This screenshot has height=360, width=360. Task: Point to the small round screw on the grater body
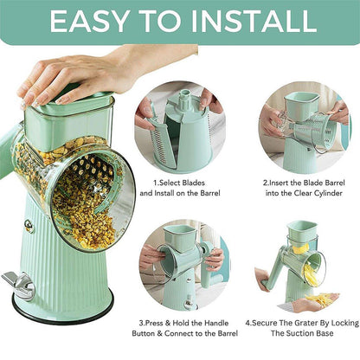click(x=29, y=227)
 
